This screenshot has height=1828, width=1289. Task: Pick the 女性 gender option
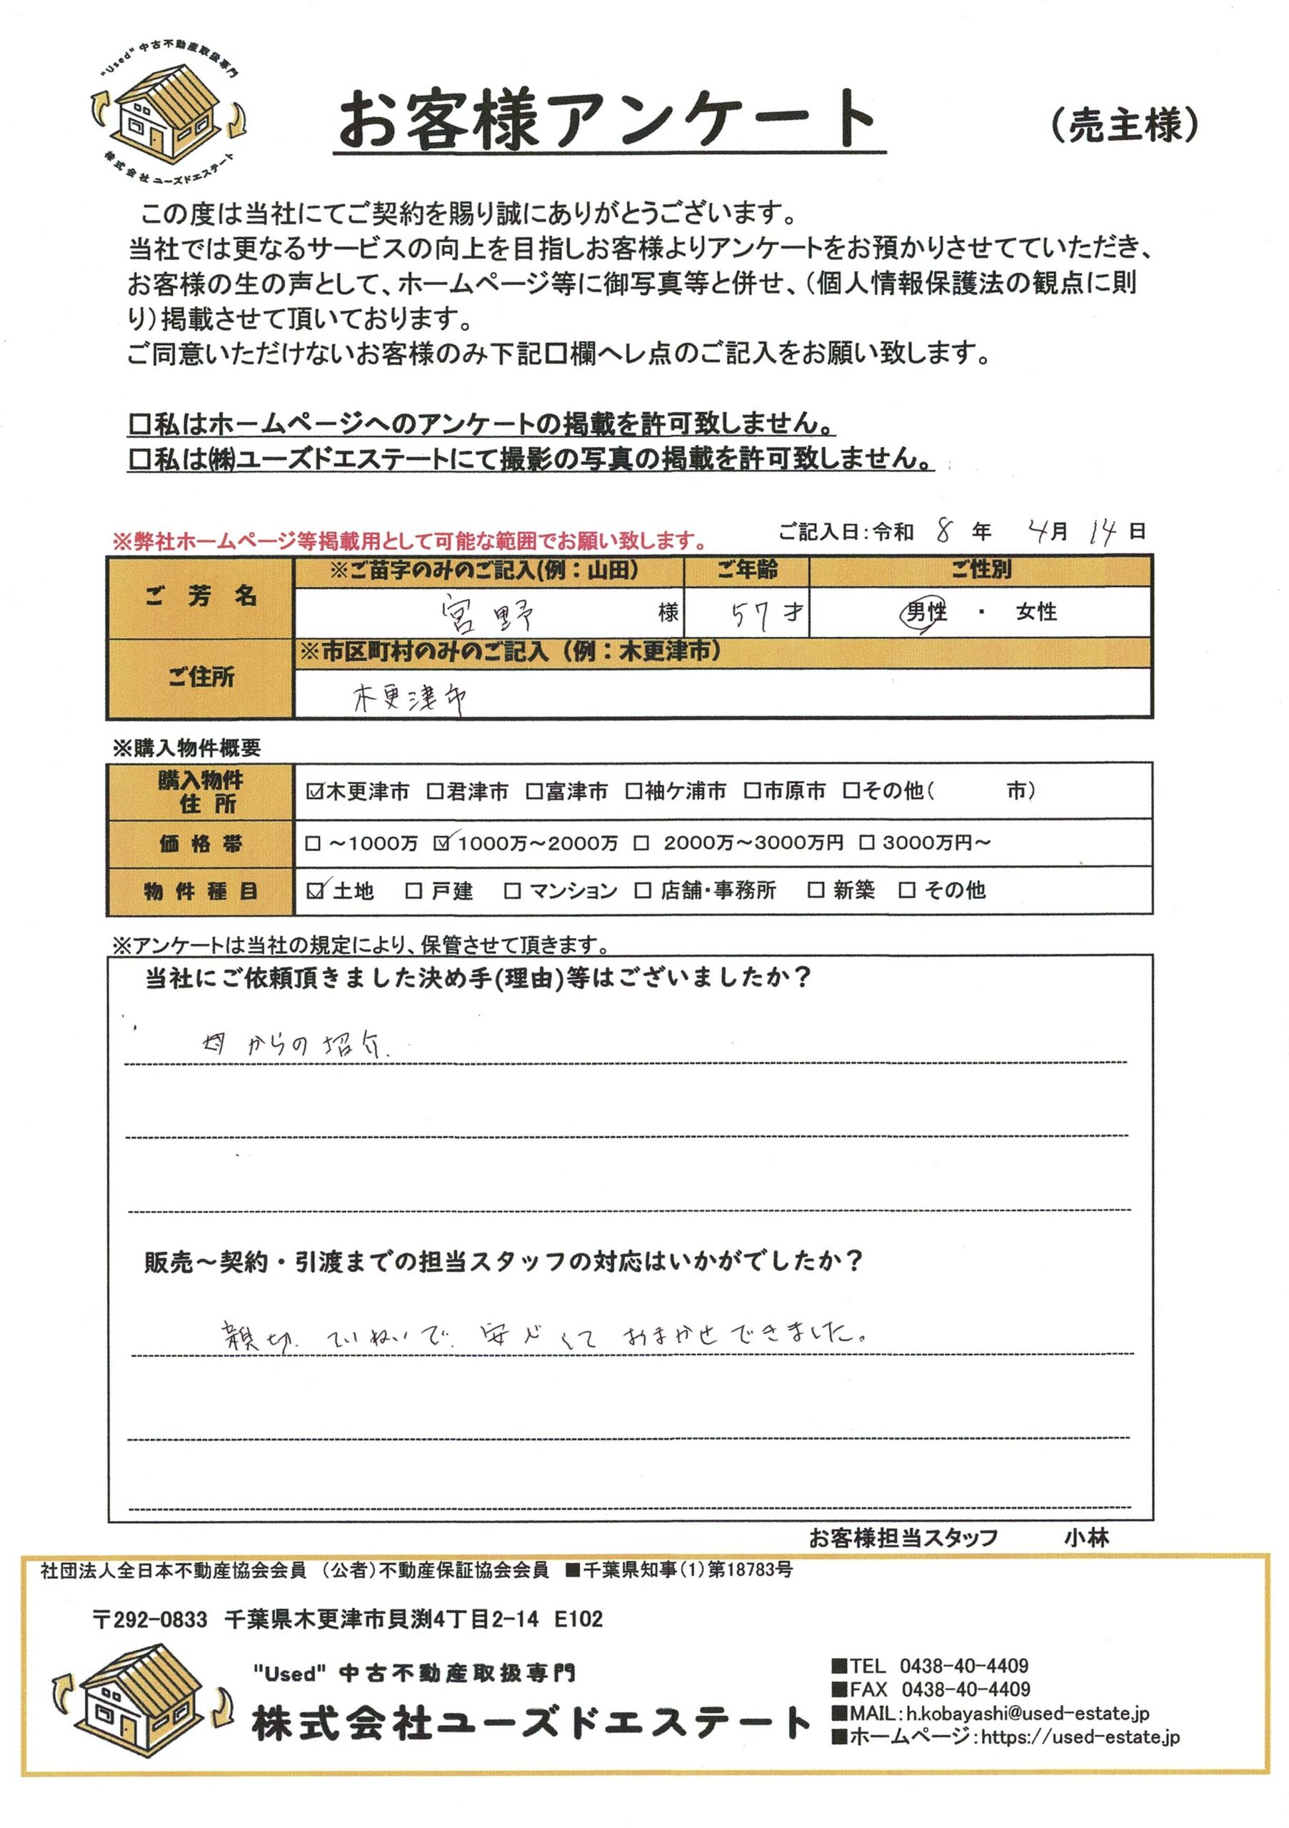1035,612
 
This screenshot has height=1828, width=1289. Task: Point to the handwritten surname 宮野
487,614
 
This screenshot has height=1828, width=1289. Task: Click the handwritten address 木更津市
409,698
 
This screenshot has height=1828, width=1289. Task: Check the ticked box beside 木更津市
314,791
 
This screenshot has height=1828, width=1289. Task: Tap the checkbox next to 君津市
435,791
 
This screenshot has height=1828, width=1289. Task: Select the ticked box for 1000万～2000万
442,843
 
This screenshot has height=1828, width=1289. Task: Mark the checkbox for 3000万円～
867,843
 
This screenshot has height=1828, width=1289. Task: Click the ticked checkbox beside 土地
315,890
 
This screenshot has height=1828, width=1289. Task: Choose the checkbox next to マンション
512,890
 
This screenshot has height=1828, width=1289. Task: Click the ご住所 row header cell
201,678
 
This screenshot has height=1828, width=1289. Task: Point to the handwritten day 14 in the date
1103,531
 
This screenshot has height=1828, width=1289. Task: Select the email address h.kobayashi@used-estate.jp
1027,1713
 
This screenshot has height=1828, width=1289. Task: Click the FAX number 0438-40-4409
965,1689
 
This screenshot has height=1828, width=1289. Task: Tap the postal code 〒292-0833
151,1619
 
